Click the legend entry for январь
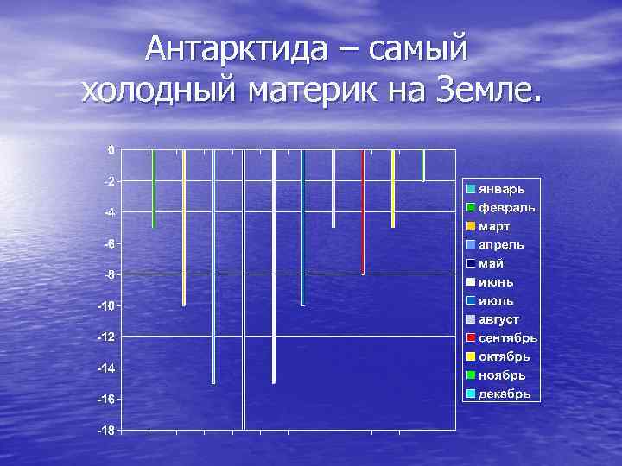[496, 188]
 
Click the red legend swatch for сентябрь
[471, 337]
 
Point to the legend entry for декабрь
[498, 394]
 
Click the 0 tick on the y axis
[110, 150]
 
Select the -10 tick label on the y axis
[105, 306]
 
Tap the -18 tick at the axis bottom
[105, 430]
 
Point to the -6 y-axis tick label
[107, 244]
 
